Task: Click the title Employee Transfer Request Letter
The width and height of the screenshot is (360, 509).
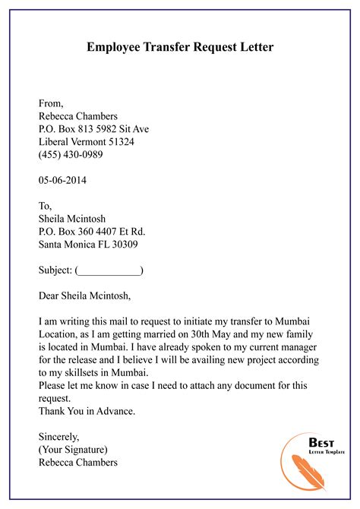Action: point(180,47)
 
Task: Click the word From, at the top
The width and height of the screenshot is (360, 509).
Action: point(52,103)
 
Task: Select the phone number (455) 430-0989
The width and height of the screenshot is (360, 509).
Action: point(71,154)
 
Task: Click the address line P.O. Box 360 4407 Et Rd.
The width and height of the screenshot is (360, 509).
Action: point(91,231)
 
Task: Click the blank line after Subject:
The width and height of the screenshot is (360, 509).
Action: point(109,270)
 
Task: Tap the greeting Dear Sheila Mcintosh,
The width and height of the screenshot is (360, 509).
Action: point(90,296)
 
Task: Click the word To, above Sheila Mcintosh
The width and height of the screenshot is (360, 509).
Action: point(46,205)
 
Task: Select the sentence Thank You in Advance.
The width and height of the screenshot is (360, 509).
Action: point(87,411)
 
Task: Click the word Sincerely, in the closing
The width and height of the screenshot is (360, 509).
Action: point(59,436)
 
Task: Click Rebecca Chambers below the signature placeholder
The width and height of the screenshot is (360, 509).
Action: point(78,462)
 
